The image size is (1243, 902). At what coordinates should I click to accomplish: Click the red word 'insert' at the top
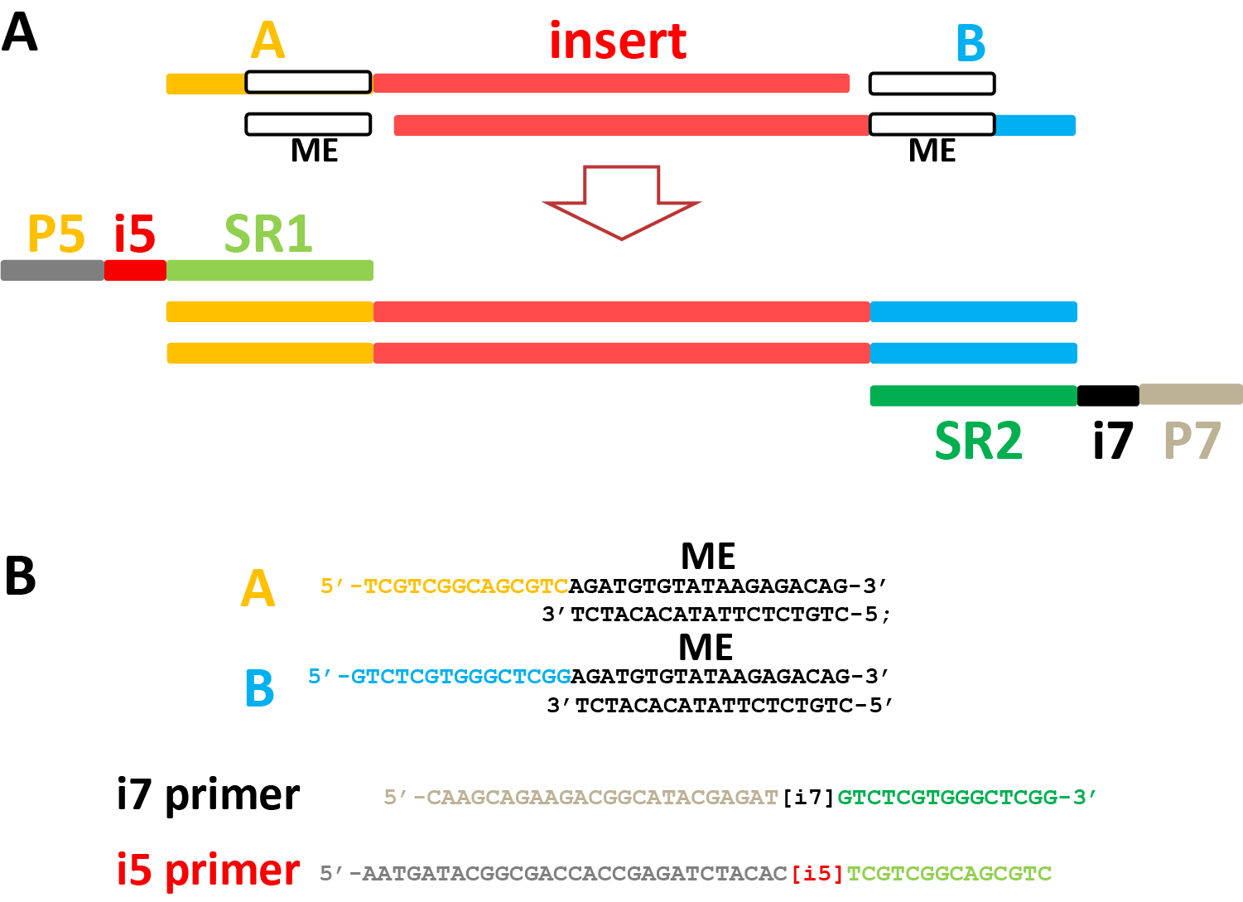point(618,41)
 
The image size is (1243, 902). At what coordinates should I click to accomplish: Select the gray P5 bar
point(52,270)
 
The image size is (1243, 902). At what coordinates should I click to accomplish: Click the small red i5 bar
point(135,270)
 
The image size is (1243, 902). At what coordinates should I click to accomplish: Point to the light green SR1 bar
point(269,270)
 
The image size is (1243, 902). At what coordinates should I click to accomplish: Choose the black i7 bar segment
point(1108,396)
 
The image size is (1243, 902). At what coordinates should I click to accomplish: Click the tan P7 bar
point(1191,394)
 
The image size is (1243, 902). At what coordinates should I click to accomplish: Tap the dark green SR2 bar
point(973,396)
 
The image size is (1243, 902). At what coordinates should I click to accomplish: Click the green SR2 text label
point(978,441)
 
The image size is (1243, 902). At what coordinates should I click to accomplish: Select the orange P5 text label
point(55,234)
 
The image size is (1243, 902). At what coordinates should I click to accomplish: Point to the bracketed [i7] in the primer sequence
point(808,798)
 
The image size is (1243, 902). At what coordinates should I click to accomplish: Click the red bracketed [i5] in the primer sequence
point(817,874)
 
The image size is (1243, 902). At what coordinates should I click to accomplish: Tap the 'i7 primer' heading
point(208,795)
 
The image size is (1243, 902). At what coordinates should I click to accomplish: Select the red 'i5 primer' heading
point(208,871)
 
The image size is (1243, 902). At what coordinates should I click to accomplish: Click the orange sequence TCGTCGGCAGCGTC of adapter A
point(466,586)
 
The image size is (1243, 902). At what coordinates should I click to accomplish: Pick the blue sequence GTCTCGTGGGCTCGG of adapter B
point(460,677)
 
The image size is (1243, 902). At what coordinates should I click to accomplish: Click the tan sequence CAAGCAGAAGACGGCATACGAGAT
point(603,798)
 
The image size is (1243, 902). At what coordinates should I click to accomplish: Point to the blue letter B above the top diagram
point(971,43)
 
